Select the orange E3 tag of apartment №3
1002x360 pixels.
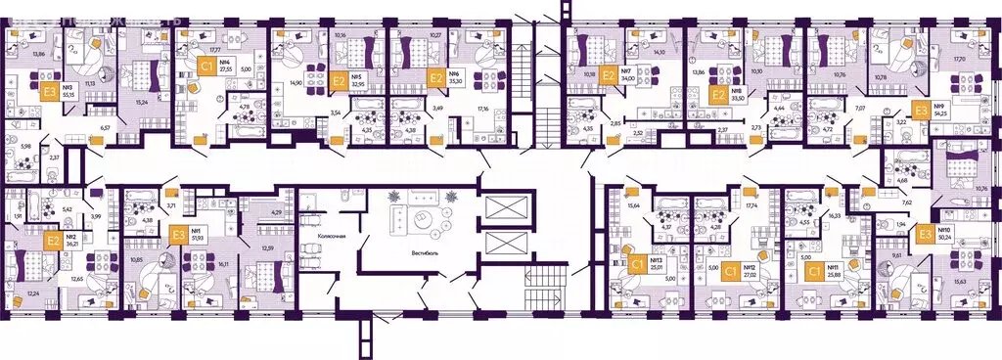[49, 95]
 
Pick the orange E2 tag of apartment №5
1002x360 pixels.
[339, 80]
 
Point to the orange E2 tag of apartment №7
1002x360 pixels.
[609, 73]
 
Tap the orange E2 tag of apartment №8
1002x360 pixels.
[717, 95]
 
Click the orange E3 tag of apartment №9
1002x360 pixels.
[920, 111]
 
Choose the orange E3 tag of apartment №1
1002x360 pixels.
[178, 234]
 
